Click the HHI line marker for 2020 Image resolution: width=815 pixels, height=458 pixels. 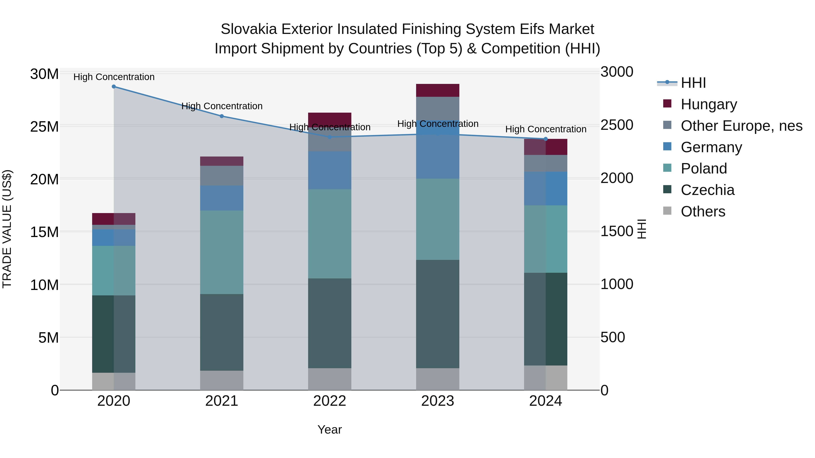(114, 87)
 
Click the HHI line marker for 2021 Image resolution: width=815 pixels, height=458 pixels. (222, 116)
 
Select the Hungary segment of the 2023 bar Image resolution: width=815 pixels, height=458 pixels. (438, 90)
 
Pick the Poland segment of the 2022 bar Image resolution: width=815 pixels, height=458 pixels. (330, 234)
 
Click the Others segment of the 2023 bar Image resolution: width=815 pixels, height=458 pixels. (438, 379)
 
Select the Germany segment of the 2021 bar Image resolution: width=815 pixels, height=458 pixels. (222, 198)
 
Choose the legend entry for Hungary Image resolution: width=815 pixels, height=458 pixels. (709, 104)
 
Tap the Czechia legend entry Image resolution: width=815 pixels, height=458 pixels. (707, 190)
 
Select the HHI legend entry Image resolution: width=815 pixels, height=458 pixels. (693, 83)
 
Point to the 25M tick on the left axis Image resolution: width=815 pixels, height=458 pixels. (44, 127)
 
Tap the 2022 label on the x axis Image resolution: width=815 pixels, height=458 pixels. (330, 401)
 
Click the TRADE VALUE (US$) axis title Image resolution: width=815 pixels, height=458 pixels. (7, 229)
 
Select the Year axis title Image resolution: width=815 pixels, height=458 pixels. (330, 430)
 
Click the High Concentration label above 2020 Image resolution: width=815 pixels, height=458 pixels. (114, 77)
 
